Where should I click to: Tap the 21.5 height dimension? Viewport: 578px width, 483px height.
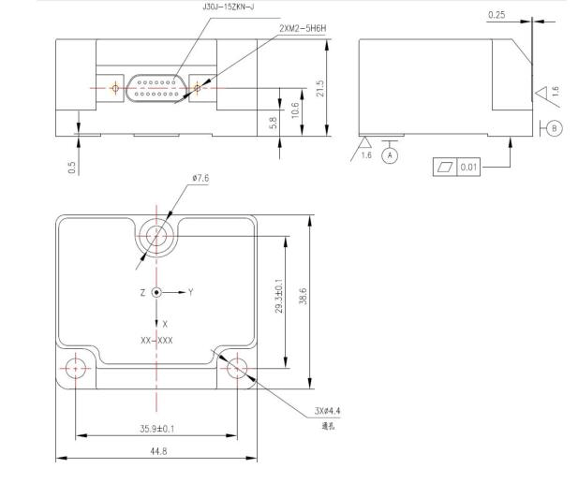point(321,89)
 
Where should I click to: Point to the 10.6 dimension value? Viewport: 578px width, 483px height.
point(296,110)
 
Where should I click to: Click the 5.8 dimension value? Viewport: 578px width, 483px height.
point(274,122)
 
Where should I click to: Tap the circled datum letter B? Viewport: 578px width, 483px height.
point(555,128)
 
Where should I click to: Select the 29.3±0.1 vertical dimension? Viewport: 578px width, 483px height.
point(280,296)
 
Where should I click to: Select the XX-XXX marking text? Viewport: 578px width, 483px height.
point(156,339)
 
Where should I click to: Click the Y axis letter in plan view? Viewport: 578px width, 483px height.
point(190,292)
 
